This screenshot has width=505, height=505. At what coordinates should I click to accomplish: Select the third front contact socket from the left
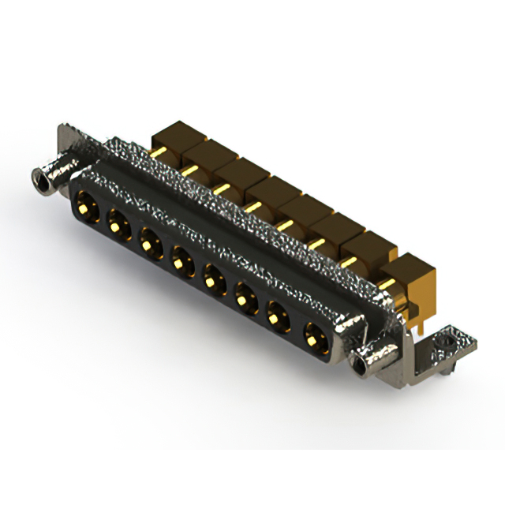pos(148,240)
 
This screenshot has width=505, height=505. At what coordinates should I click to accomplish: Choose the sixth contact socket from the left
pos(245,296)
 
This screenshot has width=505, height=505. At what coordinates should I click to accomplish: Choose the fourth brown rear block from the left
pos(270,193)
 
